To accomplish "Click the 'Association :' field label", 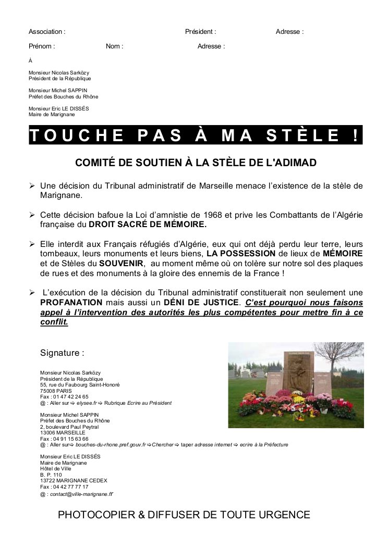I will click(x=47, y=32).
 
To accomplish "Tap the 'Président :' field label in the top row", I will click(x=200, y=32).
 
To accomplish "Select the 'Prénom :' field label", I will click(x=42, y=46).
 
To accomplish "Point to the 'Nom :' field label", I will click(x=114, y=46).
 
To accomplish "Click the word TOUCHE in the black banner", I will click(x=76, y=135).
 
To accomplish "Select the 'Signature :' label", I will click(x=62, y=353).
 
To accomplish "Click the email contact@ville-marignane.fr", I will click(x=82, y=494).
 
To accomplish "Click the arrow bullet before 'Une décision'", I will click(x=32, y=186).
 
